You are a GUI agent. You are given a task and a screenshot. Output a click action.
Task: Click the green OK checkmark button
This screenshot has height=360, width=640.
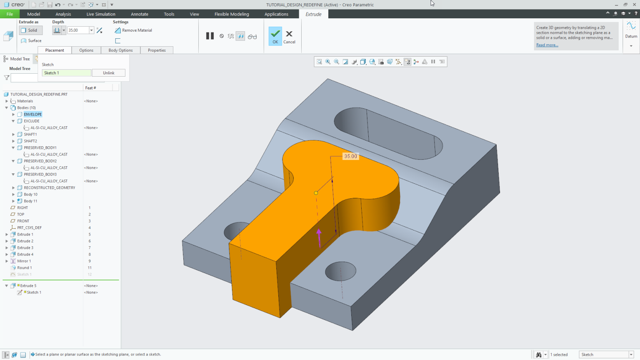click(275, 36)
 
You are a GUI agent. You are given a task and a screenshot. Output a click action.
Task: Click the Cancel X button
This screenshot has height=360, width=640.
click(289, 36)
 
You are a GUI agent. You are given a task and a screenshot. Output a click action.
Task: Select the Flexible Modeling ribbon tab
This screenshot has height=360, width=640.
click(232, 14)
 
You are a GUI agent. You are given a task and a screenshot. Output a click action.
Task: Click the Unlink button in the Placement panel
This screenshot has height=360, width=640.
click(108, 73)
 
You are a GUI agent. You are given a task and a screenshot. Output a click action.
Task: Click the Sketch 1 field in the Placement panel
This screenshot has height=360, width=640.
click(66, 73)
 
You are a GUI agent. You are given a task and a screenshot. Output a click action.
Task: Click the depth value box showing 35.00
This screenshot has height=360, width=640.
click(78, 30)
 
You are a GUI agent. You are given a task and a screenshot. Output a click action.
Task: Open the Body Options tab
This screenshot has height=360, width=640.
click(120, 50)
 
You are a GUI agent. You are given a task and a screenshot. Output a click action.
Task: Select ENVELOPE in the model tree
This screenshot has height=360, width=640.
click(32, 114)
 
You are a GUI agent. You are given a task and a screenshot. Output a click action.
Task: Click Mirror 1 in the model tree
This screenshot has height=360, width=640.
click(24, 261)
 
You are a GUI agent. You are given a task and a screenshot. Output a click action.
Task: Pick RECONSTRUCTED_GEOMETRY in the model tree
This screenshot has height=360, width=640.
click(49, 188)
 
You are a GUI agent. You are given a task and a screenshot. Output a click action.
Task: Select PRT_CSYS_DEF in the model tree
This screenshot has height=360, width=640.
click(29, 228)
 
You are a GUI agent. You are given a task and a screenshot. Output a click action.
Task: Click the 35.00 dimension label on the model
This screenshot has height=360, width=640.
click(350, 156)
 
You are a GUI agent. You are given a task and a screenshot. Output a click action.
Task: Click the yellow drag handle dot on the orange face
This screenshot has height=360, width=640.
click(316, 193)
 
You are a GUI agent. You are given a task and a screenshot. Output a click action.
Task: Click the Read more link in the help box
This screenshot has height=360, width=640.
click(547, 45)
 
